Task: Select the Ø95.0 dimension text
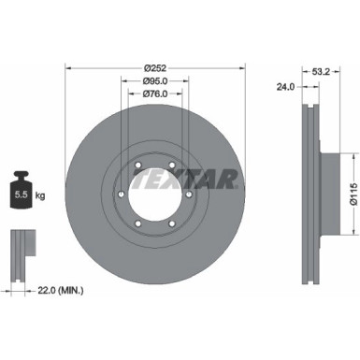tap(154, 80)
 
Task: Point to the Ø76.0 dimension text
tap(154, 94)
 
